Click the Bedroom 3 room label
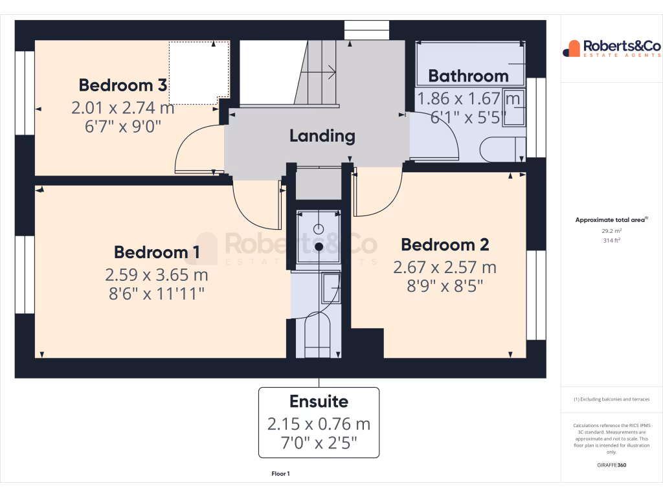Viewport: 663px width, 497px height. tap(123, 85)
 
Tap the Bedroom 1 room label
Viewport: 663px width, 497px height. tap(157, 252)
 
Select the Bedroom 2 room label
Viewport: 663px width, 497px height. tap(445, 245)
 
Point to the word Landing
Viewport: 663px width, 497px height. tap(322, 136)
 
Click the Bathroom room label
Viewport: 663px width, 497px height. tap(468, 76)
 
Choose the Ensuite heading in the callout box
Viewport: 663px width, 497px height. tap(319, 401)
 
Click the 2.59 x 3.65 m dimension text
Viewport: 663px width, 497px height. tap(157, 274)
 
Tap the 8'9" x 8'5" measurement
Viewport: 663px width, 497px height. tap(445, 285)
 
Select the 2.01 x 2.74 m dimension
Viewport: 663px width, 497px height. tap(123, 107)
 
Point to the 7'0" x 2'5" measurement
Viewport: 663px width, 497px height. tap(319, 444)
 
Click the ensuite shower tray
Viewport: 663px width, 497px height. tap(319, 237)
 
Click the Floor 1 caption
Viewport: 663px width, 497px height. tap(280, 474)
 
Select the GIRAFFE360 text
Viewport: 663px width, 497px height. tap(611, 465)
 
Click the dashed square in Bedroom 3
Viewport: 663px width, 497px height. tap(199, 72)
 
